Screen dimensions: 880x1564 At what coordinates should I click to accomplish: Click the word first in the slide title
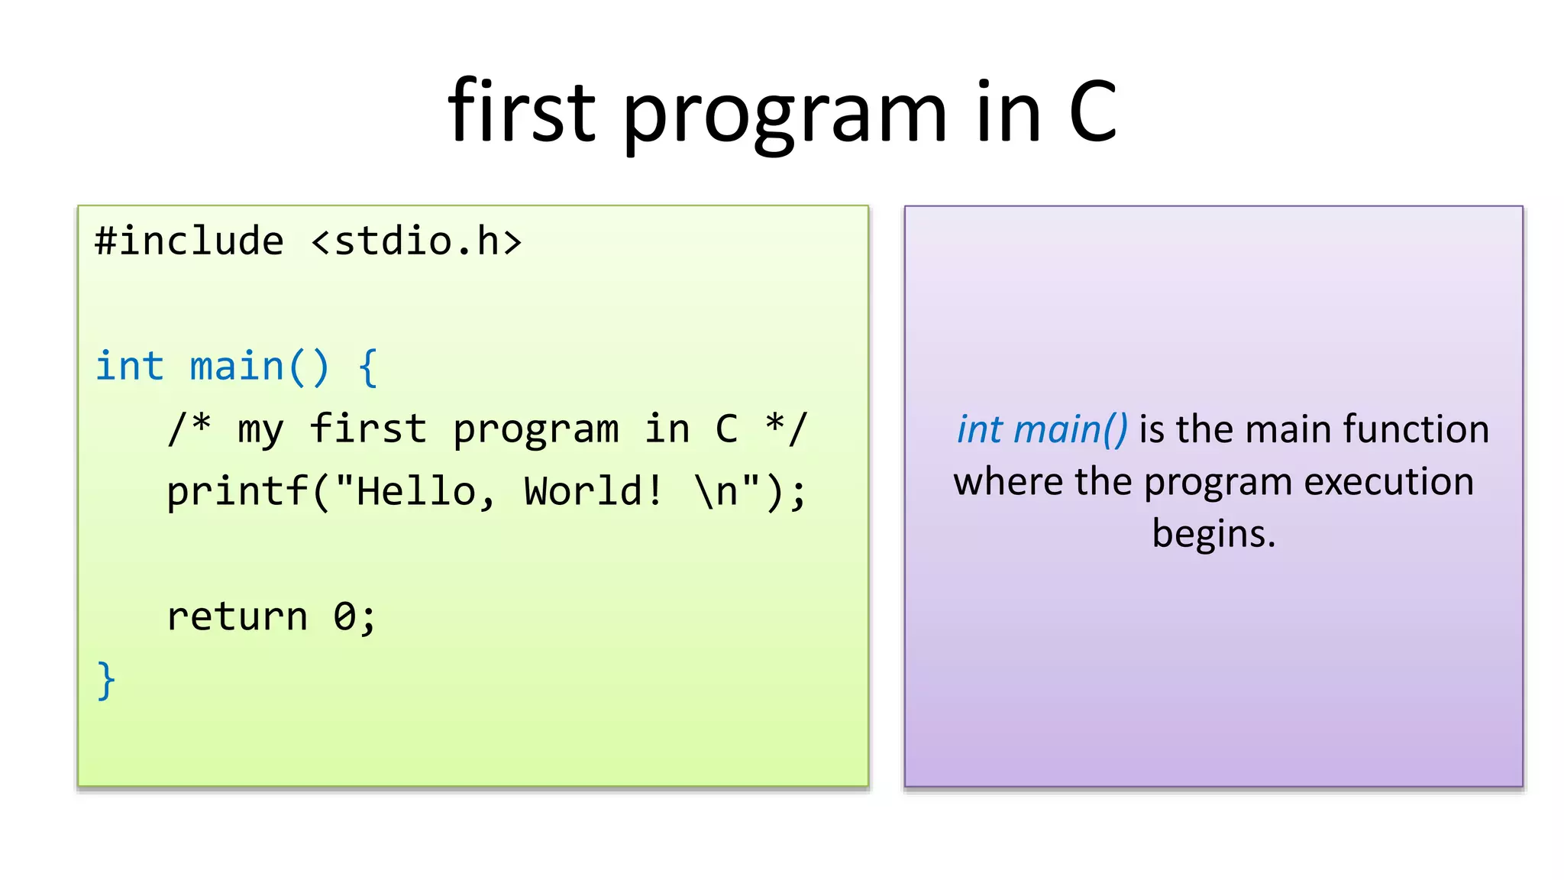pos(521,113)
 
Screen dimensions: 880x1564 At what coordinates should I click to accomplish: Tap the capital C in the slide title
pos(1093,113)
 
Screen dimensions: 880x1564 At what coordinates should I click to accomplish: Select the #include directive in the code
pos(189,241)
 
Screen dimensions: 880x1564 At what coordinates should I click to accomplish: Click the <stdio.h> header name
pos(416,241)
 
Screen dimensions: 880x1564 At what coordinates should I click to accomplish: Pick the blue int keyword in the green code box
pos(129,367)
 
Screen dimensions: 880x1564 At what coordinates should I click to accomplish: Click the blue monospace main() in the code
pos(260,367)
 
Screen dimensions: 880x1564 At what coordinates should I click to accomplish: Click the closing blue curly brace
pos(106,680)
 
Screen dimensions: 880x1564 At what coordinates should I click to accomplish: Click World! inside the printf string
pos(593,491)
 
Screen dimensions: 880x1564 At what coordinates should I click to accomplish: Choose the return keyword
pos(237,616)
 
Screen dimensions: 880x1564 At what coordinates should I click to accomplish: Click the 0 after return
pos(344,616)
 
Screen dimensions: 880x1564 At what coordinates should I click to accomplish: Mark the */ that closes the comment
pos(786,428)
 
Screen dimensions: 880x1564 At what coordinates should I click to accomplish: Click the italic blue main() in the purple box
pos(1069,430)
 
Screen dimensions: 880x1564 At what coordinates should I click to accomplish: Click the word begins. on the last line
pos(1213,534)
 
